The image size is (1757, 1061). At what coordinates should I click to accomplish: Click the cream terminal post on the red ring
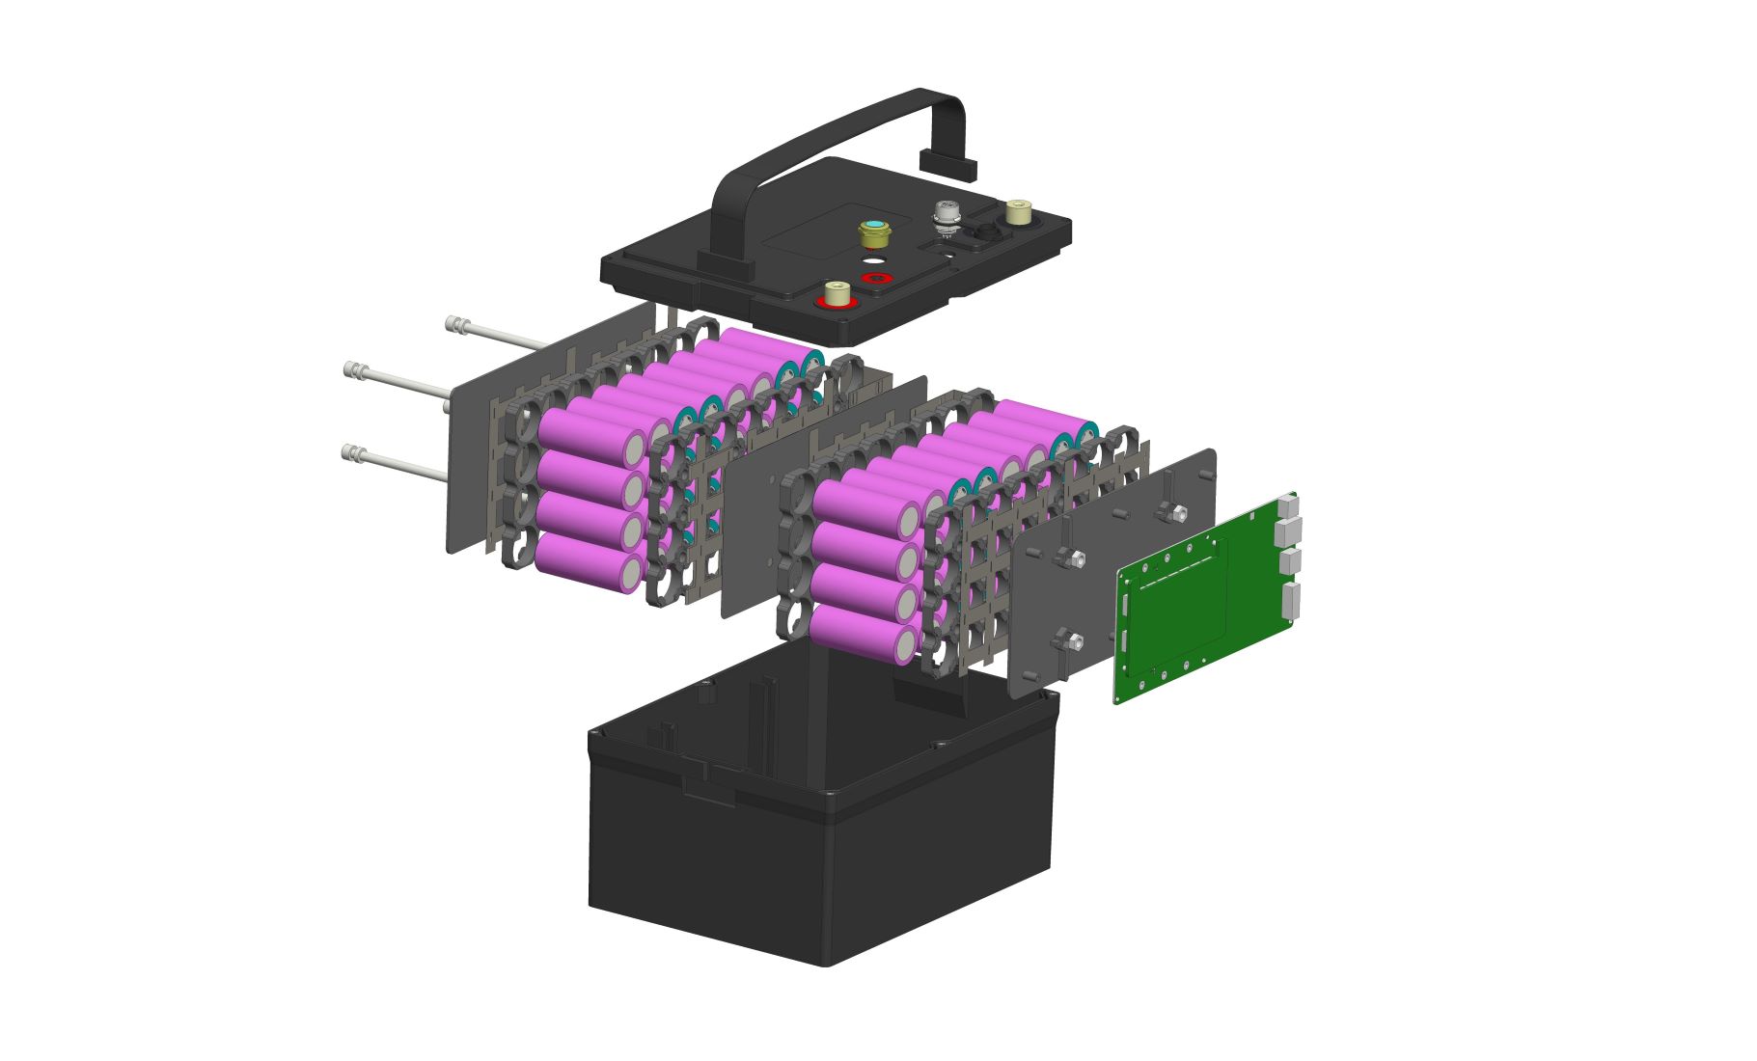click(837, 292)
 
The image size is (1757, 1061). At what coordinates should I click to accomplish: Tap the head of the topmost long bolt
click(453, 324)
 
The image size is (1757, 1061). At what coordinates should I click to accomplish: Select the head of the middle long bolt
click(352, 369)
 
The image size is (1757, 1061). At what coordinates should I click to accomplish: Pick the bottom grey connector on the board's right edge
click(1292, 599)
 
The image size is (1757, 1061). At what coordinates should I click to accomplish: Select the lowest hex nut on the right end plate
click(1068, 639)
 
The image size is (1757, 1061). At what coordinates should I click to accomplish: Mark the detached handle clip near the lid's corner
click(949, 165)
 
